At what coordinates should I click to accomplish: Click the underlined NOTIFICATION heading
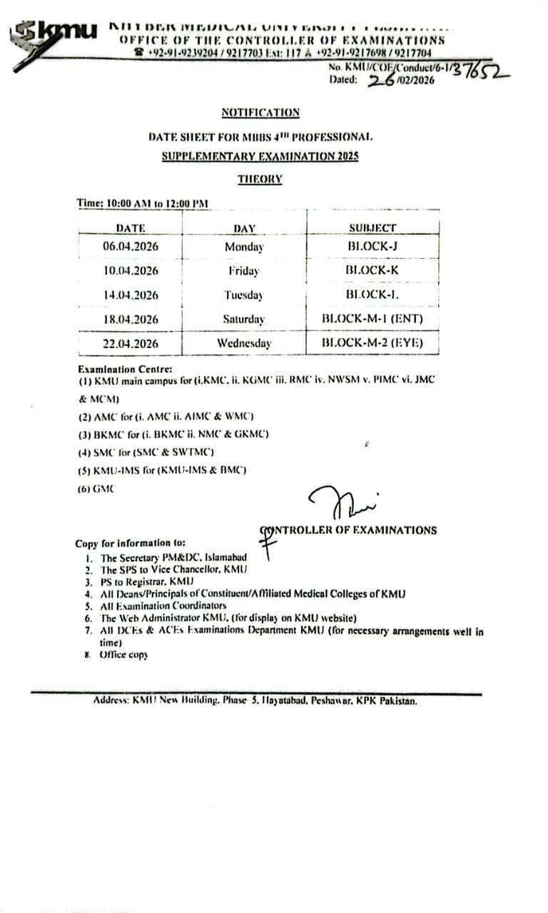260,113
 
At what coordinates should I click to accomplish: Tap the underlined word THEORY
260,180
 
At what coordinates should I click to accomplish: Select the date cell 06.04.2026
131,247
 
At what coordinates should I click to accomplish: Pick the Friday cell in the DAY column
244,271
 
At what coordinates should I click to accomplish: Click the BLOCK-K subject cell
372,270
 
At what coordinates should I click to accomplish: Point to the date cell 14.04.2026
131,295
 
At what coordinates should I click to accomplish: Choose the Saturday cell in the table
243,320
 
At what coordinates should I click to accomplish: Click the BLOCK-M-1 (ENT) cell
372,319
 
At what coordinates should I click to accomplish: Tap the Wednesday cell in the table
244,344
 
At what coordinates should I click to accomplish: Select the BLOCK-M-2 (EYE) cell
372,343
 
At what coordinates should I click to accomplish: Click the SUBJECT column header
372,228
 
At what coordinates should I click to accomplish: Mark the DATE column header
130,228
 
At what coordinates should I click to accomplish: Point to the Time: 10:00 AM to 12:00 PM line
143,204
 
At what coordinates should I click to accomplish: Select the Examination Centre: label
125,369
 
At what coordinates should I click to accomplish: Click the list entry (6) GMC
96,489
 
